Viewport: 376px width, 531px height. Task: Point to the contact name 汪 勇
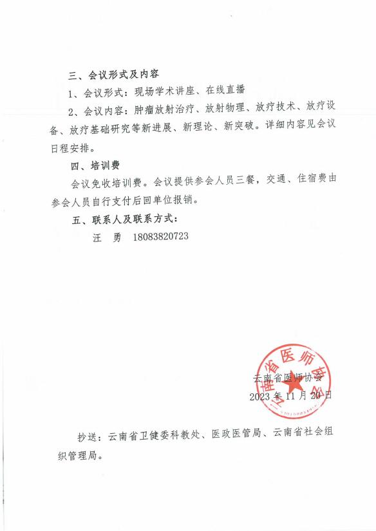pos(107,237)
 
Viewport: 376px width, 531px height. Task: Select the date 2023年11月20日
pos(291,395)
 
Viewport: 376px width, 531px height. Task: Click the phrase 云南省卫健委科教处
pos(156,436)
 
